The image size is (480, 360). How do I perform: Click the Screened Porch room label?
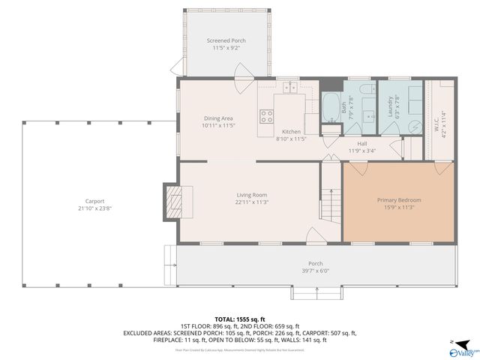[x=226, y=40]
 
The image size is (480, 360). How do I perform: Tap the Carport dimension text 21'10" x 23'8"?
[x=94, y=209]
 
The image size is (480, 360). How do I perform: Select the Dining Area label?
[x=218, y=118]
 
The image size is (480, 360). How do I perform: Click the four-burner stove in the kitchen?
[x=266, y=116]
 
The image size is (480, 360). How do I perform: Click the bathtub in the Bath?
[x=330, y=109]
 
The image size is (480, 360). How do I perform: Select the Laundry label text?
[x=390, y=110]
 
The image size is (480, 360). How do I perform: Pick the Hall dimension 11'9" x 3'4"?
[x=361, y=151]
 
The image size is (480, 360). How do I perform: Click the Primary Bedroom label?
[x=398, y=200]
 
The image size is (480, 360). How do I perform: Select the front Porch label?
[x=315, y=263]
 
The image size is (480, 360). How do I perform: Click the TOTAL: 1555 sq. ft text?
[x=240, y=319]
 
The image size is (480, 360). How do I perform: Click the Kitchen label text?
[x=292, y=131]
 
